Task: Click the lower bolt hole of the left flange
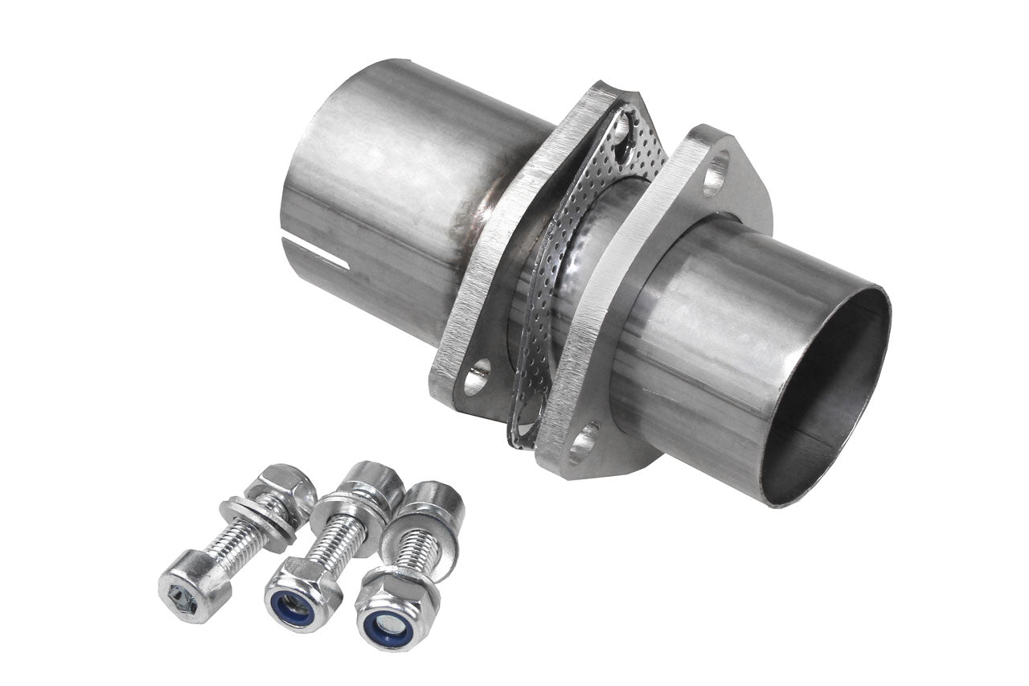tap(476, 376)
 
